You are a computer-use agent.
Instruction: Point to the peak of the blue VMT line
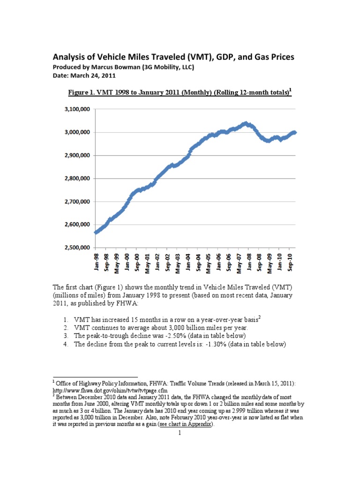point(246,124)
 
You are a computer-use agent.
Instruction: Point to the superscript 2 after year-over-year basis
point(260,317)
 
